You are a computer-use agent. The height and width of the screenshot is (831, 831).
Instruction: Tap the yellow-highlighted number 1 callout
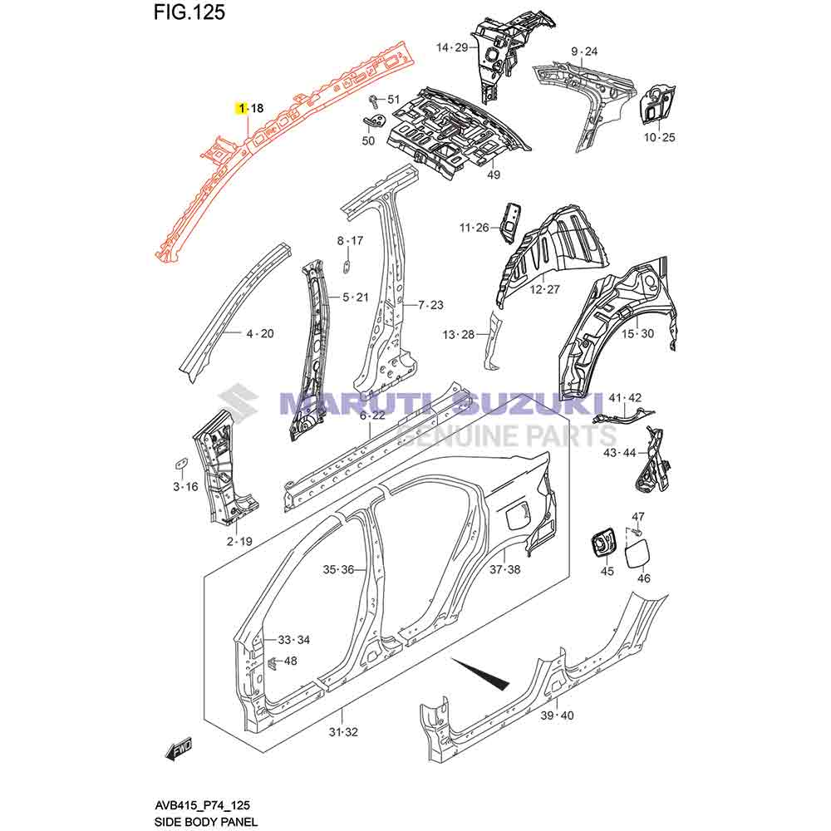(x=241, y=108)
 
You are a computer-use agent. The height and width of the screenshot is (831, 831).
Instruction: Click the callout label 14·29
(x=453, y=47)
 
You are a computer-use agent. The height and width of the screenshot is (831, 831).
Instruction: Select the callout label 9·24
(x=583, y=52)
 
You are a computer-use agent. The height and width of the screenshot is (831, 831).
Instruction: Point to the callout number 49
(x=494, y=175)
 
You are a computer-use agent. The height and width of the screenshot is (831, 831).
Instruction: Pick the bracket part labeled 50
(x=375, y=121)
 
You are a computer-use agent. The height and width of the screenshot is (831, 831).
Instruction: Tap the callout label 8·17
(x=350, y=241)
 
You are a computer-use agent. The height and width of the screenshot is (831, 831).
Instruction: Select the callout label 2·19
(x=239, y=541)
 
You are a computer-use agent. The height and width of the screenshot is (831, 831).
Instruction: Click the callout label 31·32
(x=342, y=732)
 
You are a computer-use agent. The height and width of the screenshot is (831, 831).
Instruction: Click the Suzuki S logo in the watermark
(x=242, y=405)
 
